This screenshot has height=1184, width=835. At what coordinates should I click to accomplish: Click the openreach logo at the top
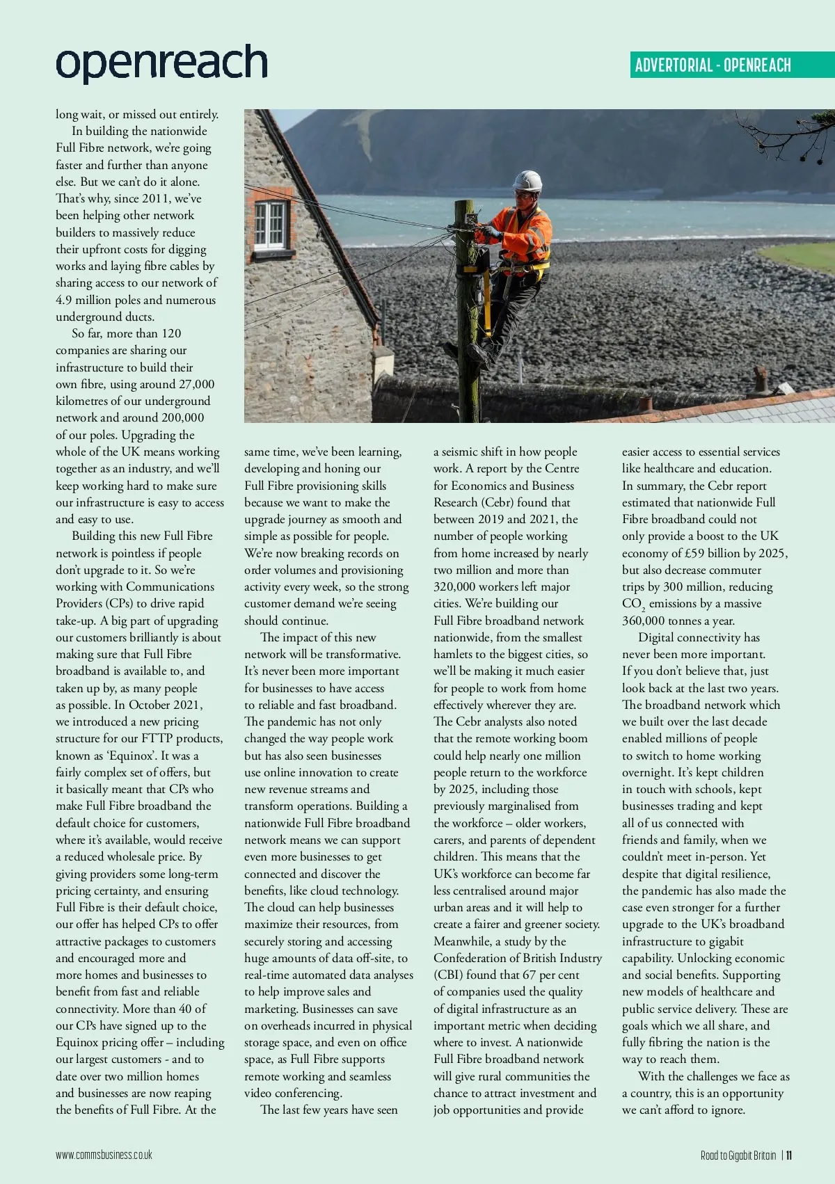click(x=161, y=64)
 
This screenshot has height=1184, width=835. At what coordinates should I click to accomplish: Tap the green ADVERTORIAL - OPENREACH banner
click(x=713, y=65)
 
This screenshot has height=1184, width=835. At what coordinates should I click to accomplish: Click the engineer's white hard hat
click(x=527, y=181)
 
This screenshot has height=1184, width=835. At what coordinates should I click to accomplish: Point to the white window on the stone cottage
click(x=270, y=225)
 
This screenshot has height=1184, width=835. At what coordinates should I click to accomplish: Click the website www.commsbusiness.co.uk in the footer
click(x=104, y=1155)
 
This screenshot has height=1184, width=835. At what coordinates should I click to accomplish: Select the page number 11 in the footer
click(x=789, y=1155)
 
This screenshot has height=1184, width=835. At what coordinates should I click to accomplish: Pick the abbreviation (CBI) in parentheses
click(x=448, y=975)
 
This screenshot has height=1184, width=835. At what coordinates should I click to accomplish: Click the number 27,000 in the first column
click(x=197, y=384)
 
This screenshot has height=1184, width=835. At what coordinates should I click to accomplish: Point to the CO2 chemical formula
click(x=633, y=604)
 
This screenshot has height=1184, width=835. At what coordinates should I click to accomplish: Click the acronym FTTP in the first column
click(x=161, y=739)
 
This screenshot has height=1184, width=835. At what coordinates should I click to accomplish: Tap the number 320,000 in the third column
click(x=457, y=586)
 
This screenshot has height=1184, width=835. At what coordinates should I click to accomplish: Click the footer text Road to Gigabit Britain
click(x=738, y=1155)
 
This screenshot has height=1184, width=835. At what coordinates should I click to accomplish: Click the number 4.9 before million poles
click(x=64, y=300)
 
